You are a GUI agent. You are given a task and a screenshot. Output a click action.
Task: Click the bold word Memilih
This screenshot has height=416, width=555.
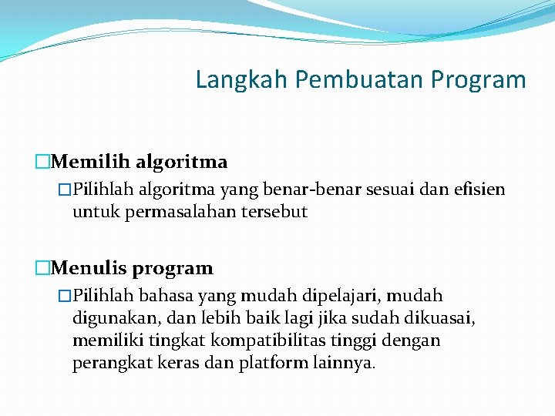(92, 163)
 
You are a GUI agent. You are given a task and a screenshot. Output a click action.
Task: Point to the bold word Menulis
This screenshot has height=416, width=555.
(90, 269)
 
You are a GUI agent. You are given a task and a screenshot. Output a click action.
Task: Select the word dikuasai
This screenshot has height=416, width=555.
(442, 318)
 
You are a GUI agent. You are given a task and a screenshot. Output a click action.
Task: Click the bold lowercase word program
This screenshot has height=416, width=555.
(173, 269)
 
